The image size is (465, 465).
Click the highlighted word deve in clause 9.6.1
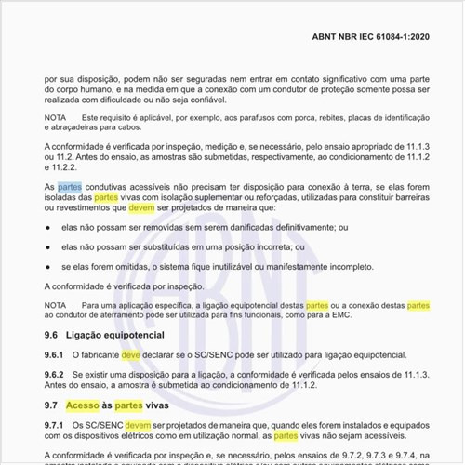(x=131, y=355)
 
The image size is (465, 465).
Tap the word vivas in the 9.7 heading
(x=158, y=405)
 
